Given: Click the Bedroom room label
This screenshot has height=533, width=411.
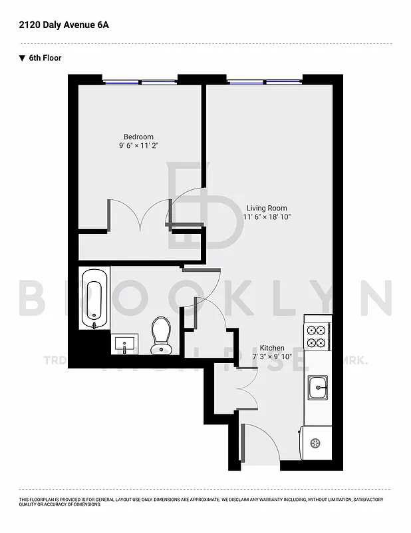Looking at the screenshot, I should pos(138,137).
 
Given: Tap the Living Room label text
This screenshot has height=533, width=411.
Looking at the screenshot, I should pos(267,207).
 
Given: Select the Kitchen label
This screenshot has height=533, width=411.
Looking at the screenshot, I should pos(272,348).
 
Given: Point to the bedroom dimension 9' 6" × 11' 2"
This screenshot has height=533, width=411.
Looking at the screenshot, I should pos(138,146).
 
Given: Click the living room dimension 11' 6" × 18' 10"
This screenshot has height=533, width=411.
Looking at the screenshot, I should pos(267,217).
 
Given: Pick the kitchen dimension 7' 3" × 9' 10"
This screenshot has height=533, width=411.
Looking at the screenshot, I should pos(272,356).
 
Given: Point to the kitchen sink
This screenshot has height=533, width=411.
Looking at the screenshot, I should pos(317,386).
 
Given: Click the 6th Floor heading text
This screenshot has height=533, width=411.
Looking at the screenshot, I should pos(45,58).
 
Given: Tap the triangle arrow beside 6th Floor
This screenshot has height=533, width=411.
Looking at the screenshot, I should pos(22,58).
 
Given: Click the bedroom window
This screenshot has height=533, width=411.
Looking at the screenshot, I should pos(140,82).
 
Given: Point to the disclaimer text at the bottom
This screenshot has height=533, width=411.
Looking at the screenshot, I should pos(200,502).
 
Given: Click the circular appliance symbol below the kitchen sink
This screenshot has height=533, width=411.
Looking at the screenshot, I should pos(315,442).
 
